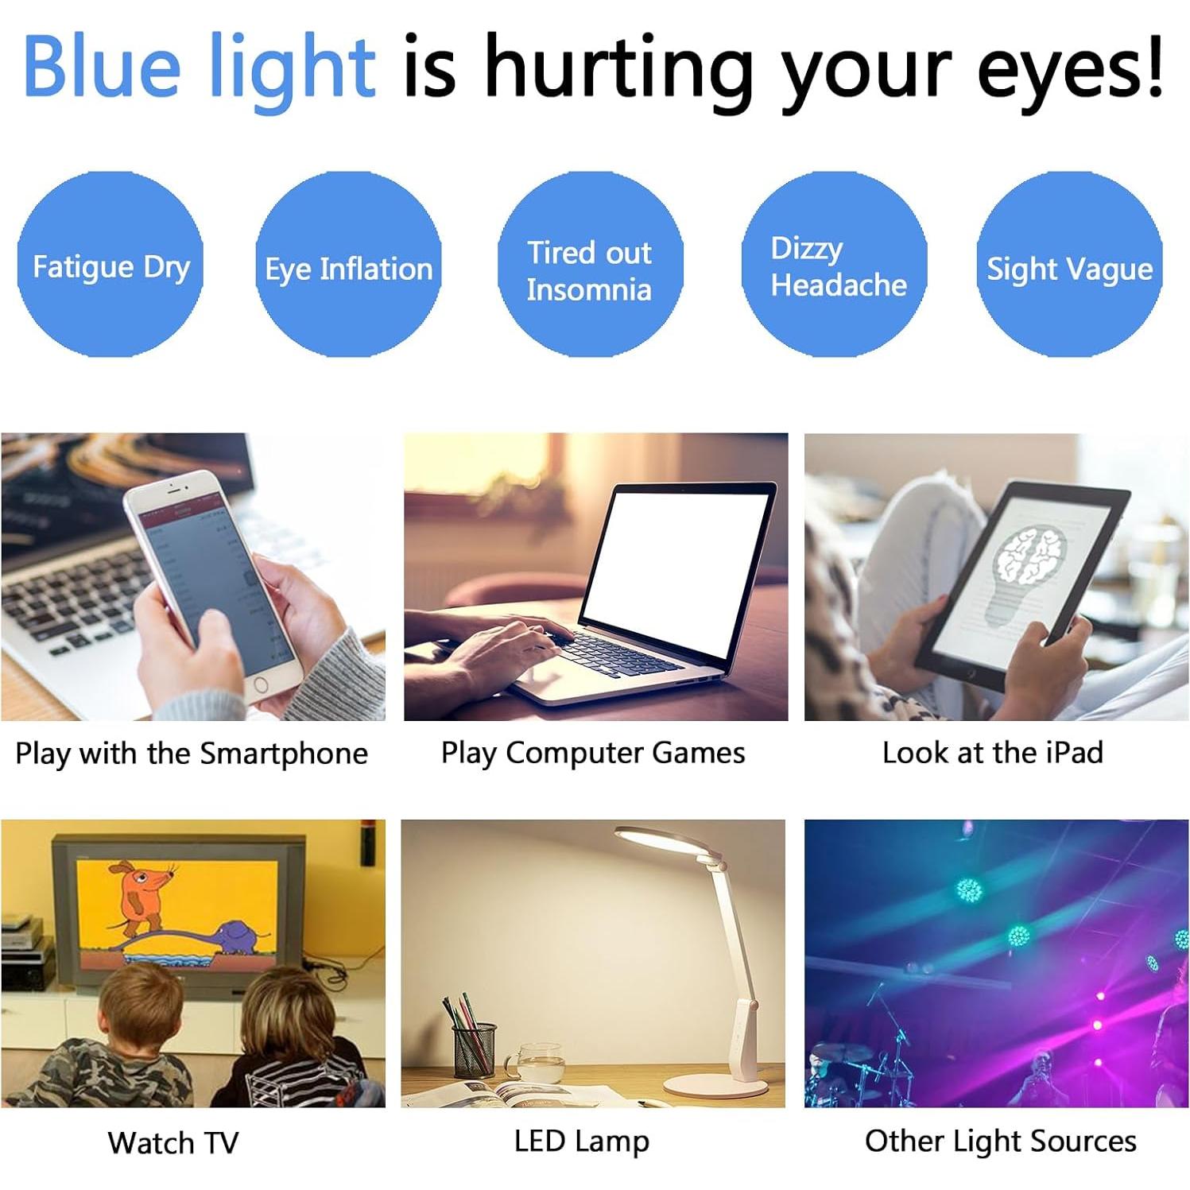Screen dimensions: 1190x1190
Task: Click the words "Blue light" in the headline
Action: pos(199,68)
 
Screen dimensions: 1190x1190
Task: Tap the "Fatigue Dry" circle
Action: pos(110,265)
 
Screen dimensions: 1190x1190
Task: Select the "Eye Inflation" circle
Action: pos(348,266)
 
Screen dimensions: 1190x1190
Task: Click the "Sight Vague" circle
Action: pos(1069,266)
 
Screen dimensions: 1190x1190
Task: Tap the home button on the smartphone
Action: pos(260,685)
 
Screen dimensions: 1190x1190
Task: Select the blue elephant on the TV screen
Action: pos(238,938)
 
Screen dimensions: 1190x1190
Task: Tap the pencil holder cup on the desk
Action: pos(475,1049)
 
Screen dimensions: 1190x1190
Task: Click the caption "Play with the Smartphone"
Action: pos(192,753)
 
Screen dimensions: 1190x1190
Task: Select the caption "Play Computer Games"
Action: pos(593,752)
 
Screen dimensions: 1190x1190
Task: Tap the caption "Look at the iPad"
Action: pos(993,752)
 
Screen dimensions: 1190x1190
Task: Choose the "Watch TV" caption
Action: pos(173,1142)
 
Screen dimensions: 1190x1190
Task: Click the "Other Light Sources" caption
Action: pos(1000,1141)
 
